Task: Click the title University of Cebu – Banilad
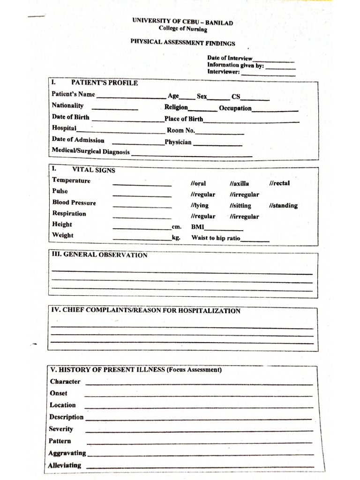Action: pyautogui.click(x=182, y=22)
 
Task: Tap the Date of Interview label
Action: pyautogui.click(x=230, y=58)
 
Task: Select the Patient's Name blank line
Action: pyautogui.click(x=131, y=97)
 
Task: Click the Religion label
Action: pyautogui.click(x=176, y=107)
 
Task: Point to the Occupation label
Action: pyautogui.click(x=235, y=108)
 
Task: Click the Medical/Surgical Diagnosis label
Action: pyautogui.click(x=90, y=151)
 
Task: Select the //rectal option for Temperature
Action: pyautogui.click(x=279, y=183)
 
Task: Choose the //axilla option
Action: pyautogui.click(x=239, y=184)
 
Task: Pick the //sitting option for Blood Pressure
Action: pyautogui.click(x=240, y=206)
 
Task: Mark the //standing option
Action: pyautogui.click(x=283, y=206)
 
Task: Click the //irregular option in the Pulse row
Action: pyautogui.click(x=244, y=195)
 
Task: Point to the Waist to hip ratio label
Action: pyautogui.click(x=216, y=238)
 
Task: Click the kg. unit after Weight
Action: pyautogui.click(x=176, y=238)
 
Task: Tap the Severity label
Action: pyautogui.click(x=61, y=429)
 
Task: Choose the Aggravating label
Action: pyautogui.click(x=67, y=453)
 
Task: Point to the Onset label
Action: pyautogui.click(x=59, y=393)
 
